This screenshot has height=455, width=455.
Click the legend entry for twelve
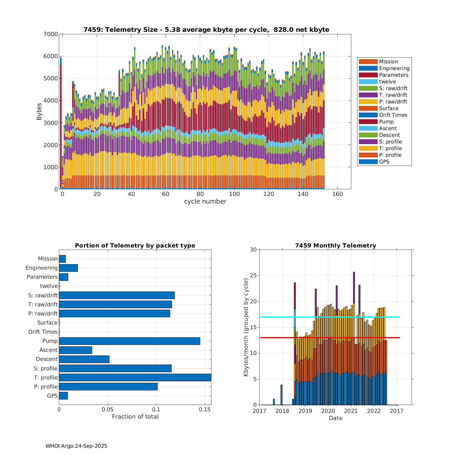[387, 82]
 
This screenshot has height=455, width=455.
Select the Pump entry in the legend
[386, 122]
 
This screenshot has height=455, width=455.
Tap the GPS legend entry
[384, 162]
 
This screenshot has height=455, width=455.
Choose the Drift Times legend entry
[393, 115]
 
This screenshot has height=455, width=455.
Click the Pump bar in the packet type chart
[130, 341]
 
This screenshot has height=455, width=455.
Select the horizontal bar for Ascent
[76, 350]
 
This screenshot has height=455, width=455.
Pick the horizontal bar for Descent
[84, 359]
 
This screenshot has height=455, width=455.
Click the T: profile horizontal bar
[135, 377]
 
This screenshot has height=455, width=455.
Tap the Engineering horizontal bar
[68, 268]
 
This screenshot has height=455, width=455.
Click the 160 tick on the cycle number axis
[338, 194]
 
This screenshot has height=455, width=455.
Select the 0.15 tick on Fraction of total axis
[205, 409]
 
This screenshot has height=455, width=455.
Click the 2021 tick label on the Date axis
[351, 411]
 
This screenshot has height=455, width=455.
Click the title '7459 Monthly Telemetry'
[335, 245]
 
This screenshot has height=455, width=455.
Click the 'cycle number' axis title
[205, 201]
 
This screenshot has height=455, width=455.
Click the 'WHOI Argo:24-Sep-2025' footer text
[76, 446]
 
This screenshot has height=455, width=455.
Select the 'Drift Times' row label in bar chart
[43, 332]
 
